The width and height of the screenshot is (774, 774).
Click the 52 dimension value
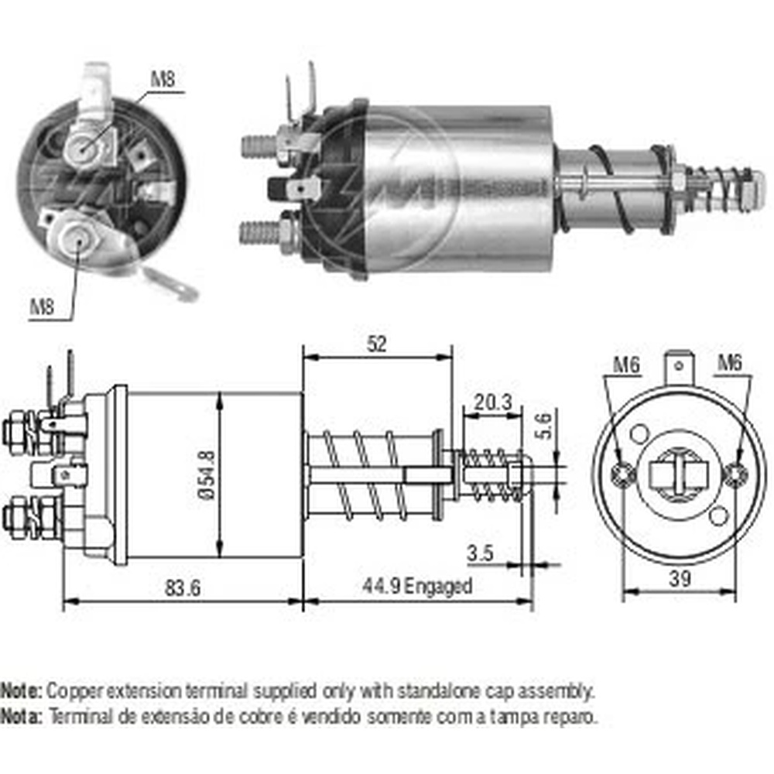(376, 343)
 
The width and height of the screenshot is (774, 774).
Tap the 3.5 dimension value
(481, 553)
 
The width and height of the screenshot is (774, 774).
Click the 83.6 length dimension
(183, 587)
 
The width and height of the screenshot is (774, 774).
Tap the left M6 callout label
(627, 364)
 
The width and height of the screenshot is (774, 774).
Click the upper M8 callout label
(163, 78)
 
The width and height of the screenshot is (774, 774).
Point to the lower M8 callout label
(43, 307)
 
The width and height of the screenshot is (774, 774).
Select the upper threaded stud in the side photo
(260, 145)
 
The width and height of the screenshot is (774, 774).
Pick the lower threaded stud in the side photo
(260, 231)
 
